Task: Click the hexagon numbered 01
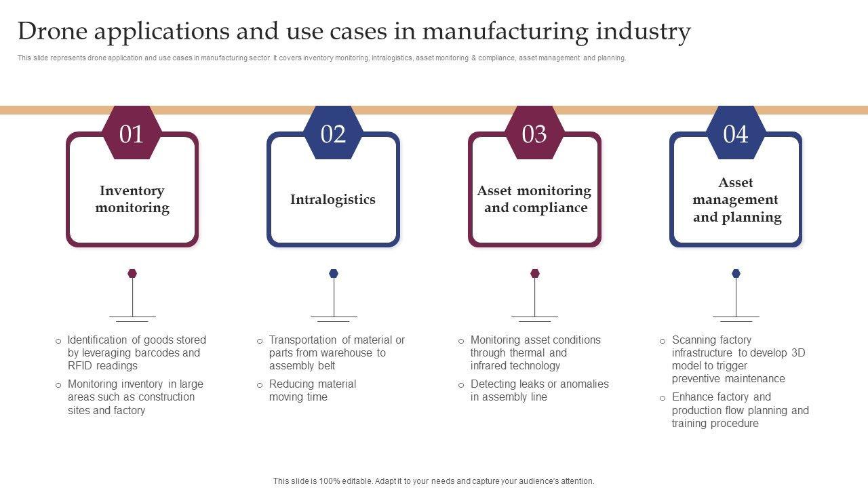tap(132, 134)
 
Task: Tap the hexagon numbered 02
tap(333, 134)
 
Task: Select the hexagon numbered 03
tap(534, 134)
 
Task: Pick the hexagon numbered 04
tap(736, 134)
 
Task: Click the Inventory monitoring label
tap(132, 199)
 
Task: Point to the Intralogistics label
tap(332, 199)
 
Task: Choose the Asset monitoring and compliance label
tap(534, 199)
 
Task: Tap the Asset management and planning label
tap(736, 200)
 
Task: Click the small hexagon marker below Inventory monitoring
tap(132, 274)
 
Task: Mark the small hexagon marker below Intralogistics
tap(334, 274)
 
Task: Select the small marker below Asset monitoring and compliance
tap(535, 274)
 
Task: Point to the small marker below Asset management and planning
tap(736, 274)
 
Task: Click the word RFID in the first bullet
tap(80, 366)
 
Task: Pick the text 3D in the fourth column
tap(798, 353)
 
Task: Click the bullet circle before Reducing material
tap(260, 385)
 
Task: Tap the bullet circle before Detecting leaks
tap(461, 385)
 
